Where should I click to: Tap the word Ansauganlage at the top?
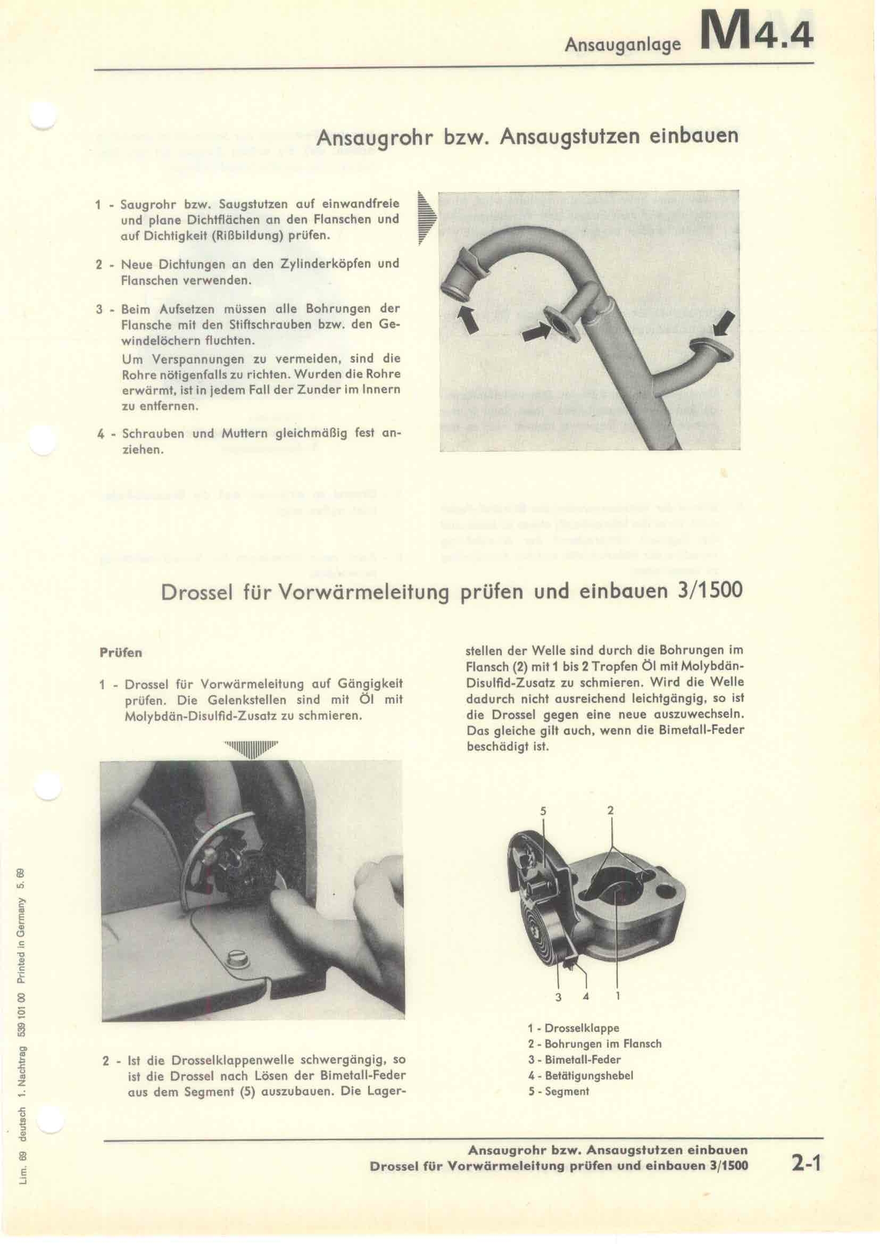622,45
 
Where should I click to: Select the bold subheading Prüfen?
121,653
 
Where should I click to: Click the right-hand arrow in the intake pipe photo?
724,324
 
